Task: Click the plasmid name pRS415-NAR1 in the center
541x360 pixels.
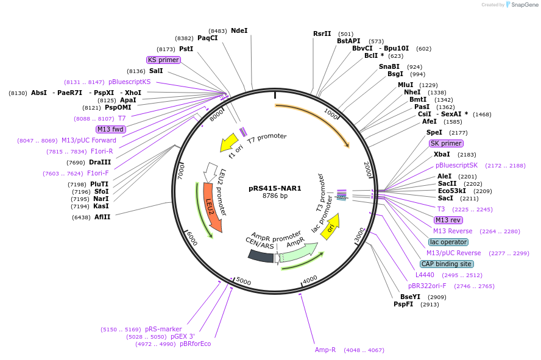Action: (x=275, y=188)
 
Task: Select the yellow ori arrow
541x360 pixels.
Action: (x=330, y=227)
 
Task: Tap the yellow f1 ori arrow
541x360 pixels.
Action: (x=229, y=143)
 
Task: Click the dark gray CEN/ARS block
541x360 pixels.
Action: (x=261, y=256)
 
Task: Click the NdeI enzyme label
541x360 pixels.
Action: (x=239, y=30)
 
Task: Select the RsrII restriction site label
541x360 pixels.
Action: (x=322, y=34)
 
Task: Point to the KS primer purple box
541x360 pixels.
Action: (x=163, y=60)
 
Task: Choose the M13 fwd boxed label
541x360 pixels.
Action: (x=110, y=129)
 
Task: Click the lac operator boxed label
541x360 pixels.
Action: (x=448, y=242)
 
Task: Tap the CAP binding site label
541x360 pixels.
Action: (x=447, y=264)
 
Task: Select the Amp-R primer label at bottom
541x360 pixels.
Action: (x=325, y=350)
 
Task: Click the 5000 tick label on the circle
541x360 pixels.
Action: (x=244, y=281)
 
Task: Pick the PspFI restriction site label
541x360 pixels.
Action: (x=403, y=304)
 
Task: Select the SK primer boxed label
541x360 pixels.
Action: (x=446, y=143)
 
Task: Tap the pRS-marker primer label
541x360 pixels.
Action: (x=163, y=329)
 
